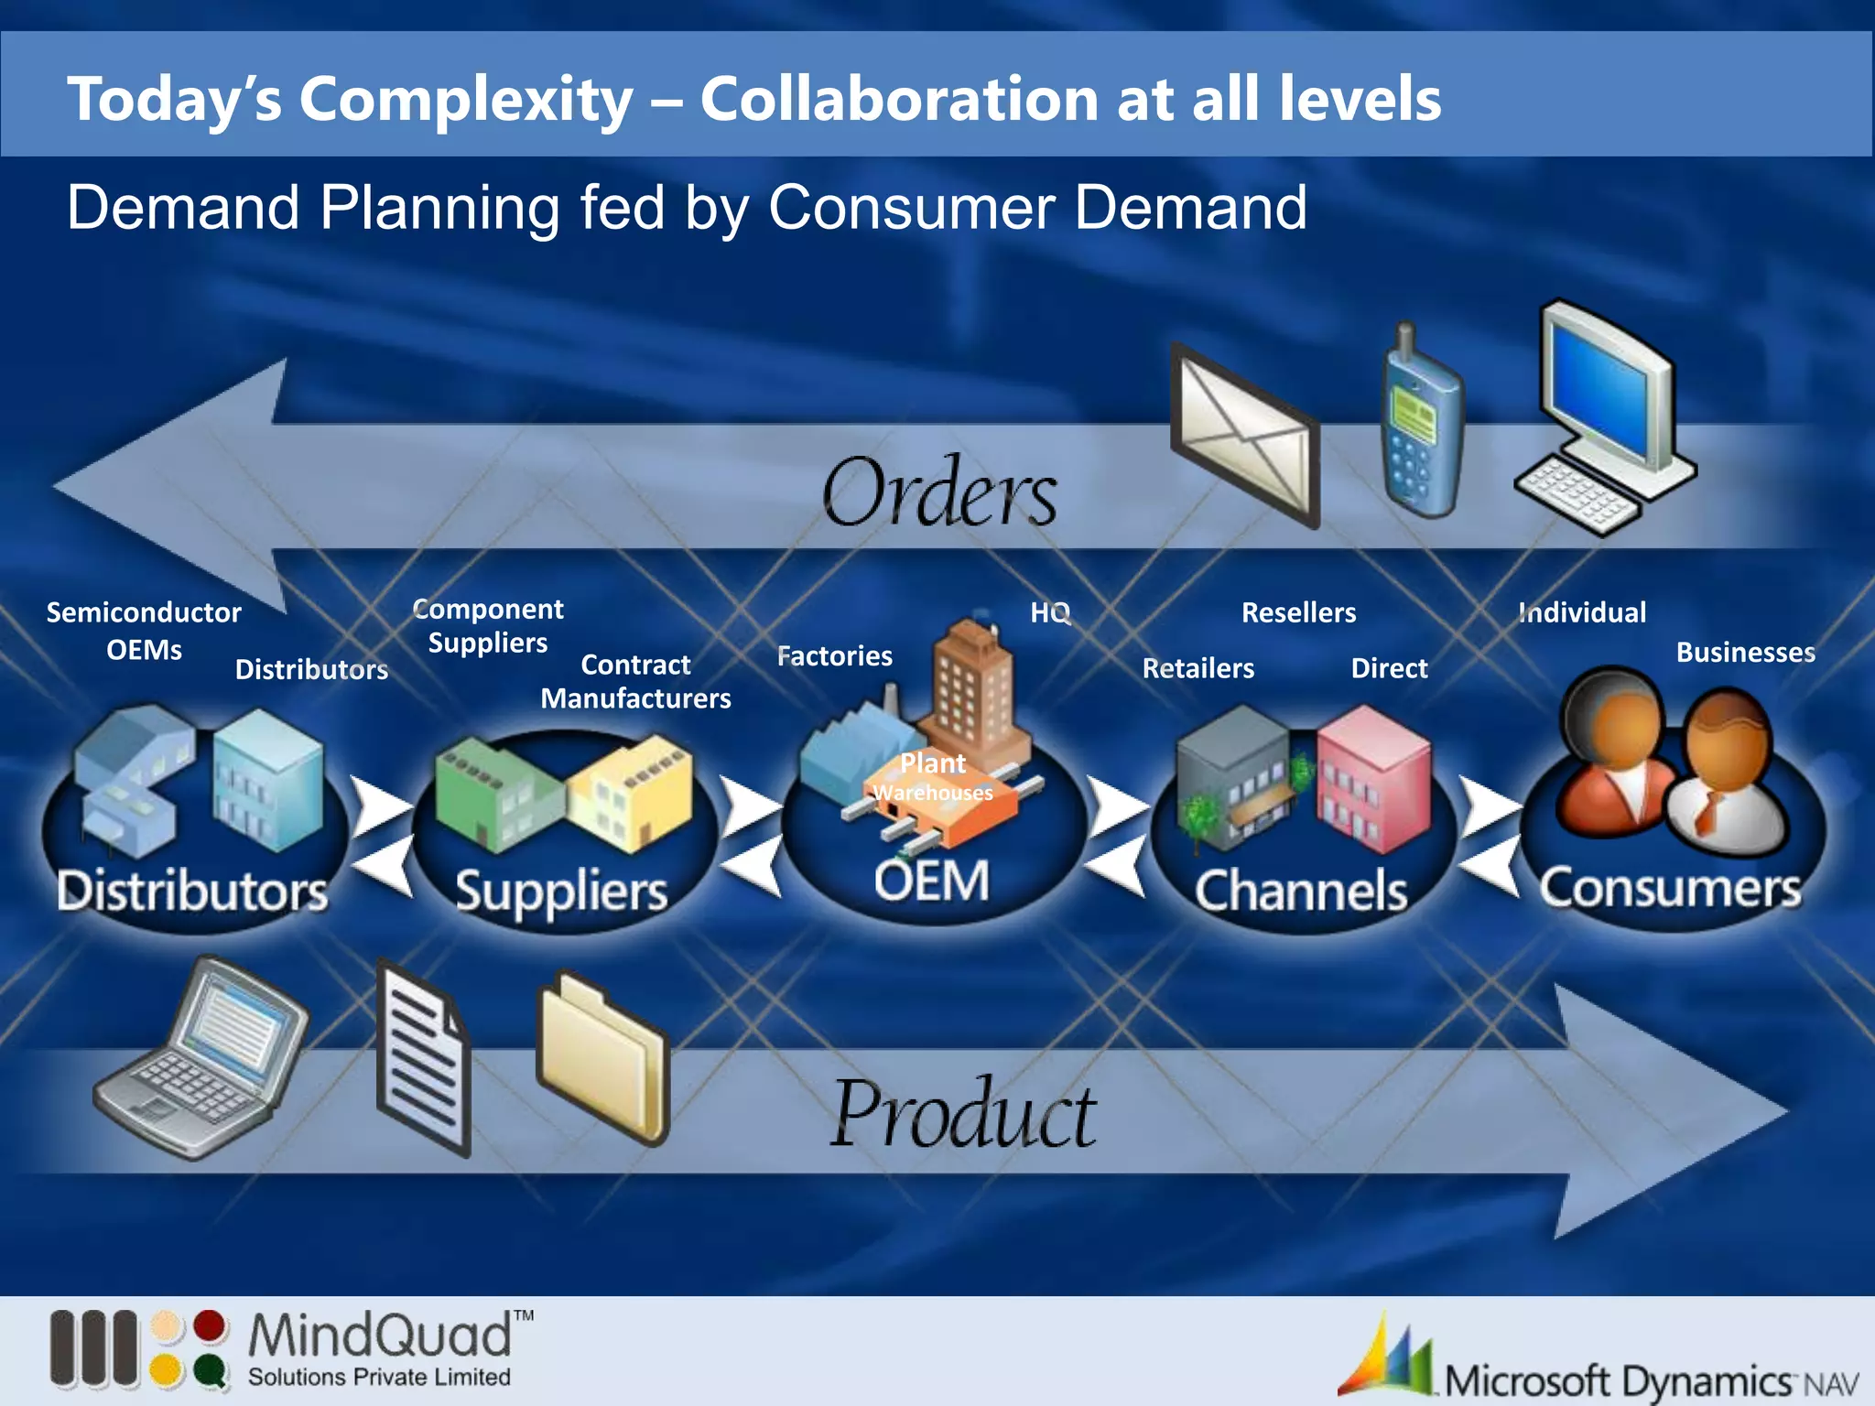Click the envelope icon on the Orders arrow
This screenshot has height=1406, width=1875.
(1245, 437)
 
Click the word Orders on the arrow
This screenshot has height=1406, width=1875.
(939, 493)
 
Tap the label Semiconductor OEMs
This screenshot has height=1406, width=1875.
(144, 630)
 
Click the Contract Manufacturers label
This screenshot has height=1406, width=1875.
(635, 681)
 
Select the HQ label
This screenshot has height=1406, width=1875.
(1050, 611)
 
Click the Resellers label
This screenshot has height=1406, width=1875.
(1298, 611)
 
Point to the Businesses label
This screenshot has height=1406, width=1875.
(1745, 652)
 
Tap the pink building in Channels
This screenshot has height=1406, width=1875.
(1373, 778)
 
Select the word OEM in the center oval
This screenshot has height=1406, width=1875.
(932, 881)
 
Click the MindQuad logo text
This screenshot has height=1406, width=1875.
(380, 1336)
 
